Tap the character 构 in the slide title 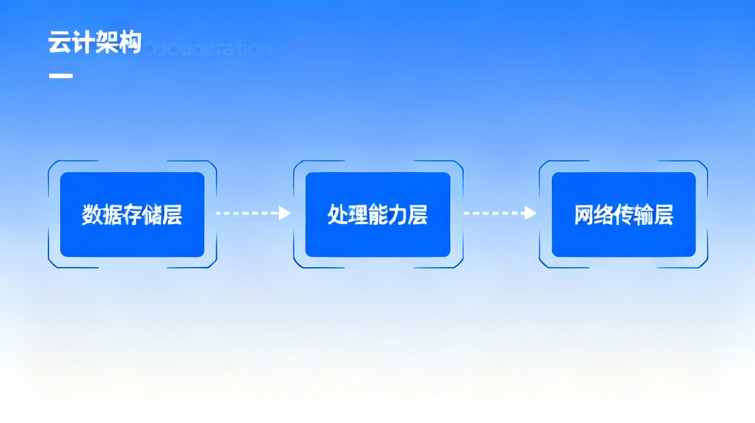click(129, 43)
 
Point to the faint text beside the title click(207, 48)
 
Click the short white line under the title click(60, 75)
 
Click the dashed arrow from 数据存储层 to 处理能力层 click(247, 213)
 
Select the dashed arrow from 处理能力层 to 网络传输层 click(494, 213)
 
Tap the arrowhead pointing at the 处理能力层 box click(284, 213)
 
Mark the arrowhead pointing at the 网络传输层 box click(530, 213)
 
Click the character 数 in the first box click(92, 215)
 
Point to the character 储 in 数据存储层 click(152, 215)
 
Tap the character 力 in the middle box click(398, 215)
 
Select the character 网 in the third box click(584, 215)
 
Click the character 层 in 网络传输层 click(664, 215)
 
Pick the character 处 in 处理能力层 click(337, 215)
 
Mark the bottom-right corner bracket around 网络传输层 click(704, 263)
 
